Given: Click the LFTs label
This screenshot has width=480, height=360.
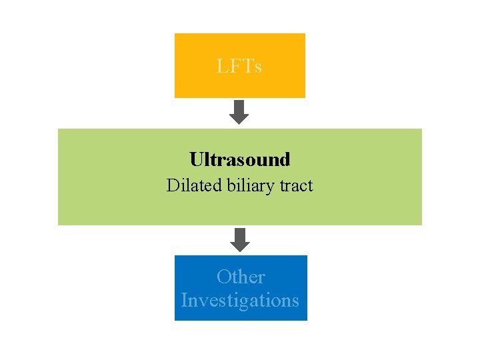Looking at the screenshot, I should click(239, 67).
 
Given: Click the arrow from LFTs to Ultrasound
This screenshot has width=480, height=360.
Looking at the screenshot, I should click(239, 111).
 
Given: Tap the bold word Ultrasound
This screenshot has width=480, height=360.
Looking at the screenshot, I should click(239, 160).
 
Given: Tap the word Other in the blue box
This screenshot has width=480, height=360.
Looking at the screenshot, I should click(241, 277).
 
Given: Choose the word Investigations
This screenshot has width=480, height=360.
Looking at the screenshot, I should click(240, 301).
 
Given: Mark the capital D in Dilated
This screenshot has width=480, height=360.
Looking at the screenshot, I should click(172, 185).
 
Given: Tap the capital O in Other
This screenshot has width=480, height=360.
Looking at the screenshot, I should click(224, 277).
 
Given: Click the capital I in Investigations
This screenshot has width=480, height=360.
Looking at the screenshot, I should click(184, 301).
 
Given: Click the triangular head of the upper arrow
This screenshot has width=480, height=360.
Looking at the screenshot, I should click(239, 118).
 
